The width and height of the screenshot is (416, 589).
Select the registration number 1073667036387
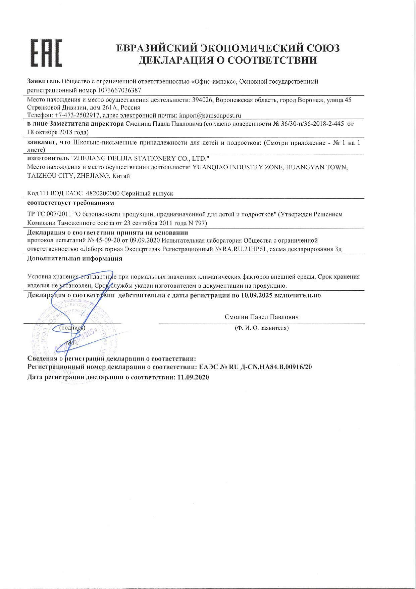click(x=120, y=90)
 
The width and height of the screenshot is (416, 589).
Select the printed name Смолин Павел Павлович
click(x=262, y=317)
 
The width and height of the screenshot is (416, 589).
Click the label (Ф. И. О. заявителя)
click(x=262, y=328)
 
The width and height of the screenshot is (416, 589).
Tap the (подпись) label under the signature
click(x=72, y=327)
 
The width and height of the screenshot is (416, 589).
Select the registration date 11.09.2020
click(x=193, y=377)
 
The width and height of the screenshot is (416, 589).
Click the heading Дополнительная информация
click(x=74, y=258)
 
